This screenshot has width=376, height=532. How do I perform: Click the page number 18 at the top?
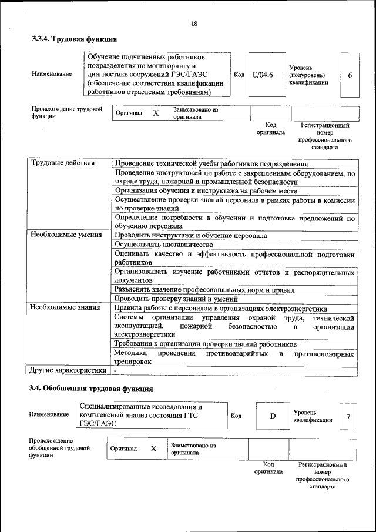(194, 24)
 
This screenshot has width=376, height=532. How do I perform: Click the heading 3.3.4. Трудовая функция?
(75, 39)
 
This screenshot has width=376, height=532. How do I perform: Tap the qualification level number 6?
(350, 75)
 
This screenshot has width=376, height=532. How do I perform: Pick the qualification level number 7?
(348, 417)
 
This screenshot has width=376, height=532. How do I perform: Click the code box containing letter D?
(273, 416)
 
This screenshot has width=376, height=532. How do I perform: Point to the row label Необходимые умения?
(66, 235)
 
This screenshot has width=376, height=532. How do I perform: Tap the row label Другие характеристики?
(68, 370)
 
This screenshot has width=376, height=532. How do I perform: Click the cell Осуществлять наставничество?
(163, 244)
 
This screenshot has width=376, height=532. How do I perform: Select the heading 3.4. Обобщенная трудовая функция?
(92, 389)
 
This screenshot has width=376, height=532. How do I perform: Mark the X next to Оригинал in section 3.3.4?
(156, 113)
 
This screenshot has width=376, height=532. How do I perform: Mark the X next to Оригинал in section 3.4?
(153, 449)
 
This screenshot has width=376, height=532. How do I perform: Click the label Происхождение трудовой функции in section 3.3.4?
(67, 112)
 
